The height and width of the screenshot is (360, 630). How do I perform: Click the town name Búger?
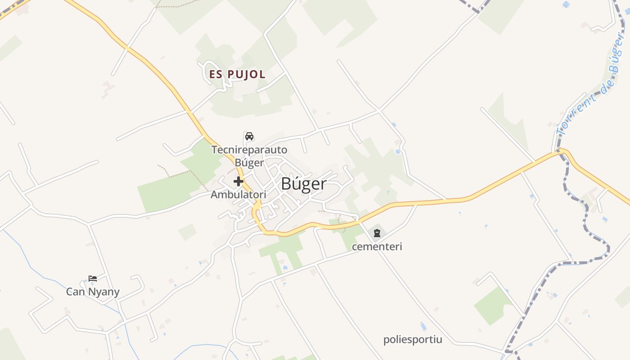304,184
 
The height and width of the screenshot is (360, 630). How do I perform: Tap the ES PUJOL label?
237,74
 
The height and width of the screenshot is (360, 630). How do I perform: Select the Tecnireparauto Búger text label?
249,156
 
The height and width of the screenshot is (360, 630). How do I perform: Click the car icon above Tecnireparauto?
249,136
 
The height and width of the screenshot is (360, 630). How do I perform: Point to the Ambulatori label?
238,195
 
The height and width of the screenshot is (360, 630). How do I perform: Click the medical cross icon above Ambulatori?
238,181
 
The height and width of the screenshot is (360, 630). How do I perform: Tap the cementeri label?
377,247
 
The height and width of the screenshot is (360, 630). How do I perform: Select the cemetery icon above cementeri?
377,233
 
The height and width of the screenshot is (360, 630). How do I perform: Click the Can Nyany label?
93,292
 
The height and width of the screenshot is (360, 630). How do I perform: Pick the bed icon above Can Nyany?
93,279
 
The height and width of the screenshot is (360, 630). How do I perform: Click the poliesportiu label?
413,339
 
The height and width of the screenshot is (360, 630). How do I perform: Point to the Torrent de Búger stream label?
589,85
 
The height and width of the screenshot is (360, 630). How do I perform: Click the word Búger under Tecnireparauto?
249,162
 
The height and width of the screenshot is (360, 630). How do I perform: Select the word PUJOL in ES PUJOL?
246,74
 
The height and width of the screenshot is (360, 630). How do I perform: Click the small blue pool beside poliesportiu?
423,326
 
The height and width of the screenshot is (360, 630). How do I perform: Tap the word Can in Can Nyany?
75,292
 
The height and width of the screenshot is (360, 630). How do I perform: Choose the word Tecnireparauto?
249,150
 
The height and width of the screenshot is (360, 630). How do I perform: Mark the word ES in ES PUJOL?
216,74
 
